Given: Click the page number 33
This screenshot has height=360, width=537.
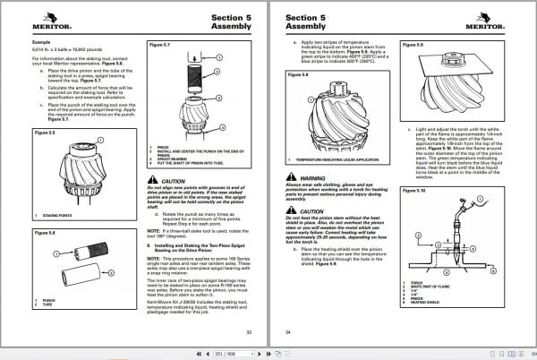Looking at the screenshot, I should tap(249, 332).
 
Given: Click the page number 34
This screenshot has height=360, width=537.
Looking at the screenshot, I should tap(288, 332).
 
